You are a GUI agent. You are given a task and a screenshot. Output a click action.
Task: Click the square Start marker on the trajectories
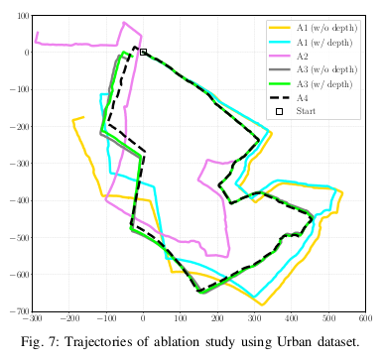(143, 52)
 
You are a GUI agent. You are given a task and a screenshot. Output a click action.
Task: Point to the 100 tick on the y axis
(21, 15)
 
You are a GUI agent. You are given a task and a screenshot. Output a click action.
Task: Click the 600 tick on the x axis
(365, 319)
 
